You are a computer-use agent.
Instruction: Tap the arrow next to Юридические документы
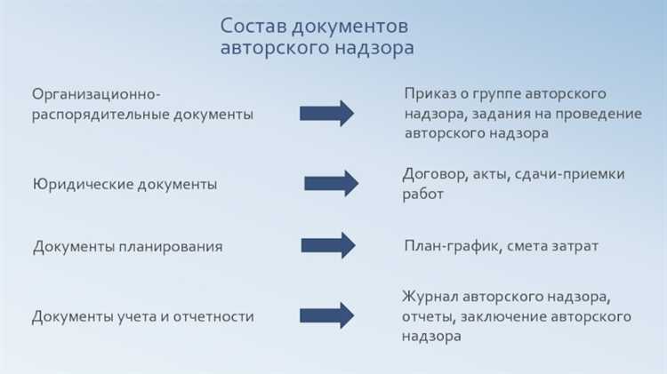coord(331,183)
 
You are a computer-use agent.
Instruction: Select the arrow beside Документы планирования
coord(328,245)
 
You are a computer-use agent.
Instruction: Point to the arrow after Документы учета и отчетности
coord(326,314)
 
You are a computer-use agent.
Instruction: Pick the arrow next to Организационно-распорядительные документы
coord(326,113)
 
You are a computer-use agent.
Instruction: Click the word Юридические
coord(77,185)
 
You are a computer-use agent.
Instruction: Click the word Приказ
coord(430,93)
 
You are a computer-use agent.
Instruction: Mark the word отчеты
coord(430,316)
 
